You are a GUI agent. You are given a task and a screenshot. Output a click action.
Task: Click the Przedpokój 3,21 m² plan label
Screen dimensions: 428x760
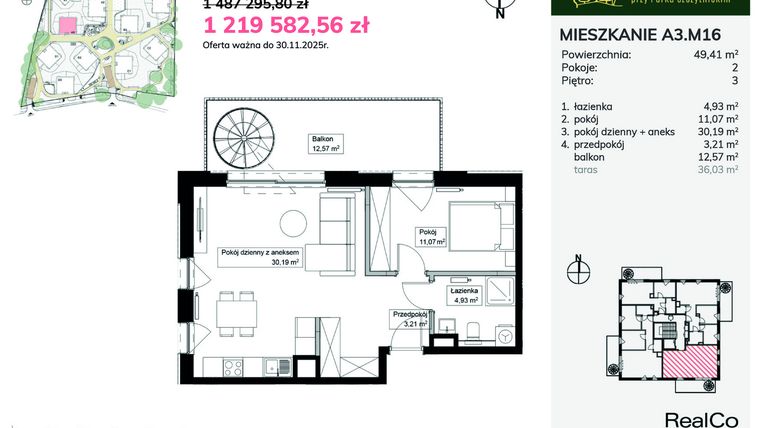tap(410, 319)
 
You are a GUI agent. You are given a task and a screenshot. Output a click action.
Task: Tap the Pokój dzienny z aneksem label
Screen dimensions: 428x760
tap(261, 258)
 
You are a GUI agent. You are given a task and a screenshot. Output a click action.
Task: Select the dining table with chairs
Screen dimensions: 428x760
tap(228, 316)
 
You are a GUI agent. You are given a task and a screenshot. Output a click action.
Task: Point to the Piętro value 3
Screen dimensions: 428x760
tap(735, 81)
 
